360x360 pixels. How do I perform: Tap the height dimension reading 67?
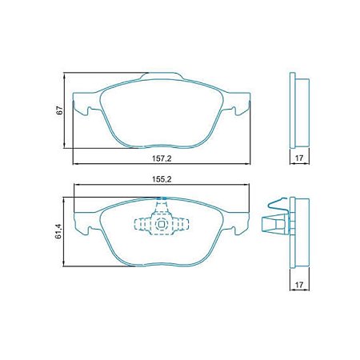pos(58,112)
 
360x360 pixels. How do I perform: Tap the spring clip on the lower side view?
pos(276,218)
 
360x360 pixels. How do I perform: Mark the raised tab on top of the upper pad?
pos(158,77)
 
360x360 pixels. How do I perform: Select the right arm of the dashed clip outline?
pos(185,224)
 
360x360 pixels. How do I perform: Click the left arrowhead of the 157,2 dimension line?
pos(76,163)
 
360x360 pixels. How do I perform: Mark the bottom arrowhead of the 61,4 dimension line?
pos(66,264)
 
